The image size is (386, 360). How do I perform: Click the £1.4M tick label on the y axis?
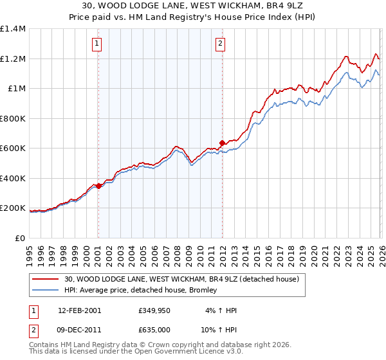click(13, 29)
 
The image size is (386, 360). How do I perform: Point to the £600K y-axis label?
click(13, 148)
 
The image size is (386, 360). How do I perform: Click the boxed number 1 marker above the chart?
click(97, 44)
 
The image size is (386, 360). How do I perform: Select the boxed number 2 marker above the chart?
click(221, 44)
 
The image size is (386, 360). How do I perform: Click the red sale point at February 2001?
click(98, 186)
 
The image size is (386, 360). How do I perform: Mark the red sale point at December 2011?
click(222, 143)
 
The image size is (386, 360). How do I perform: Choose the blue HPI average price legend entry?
click(141, 291)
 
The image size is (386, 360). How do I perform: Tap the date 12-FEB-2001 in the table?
click(80, 310)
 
